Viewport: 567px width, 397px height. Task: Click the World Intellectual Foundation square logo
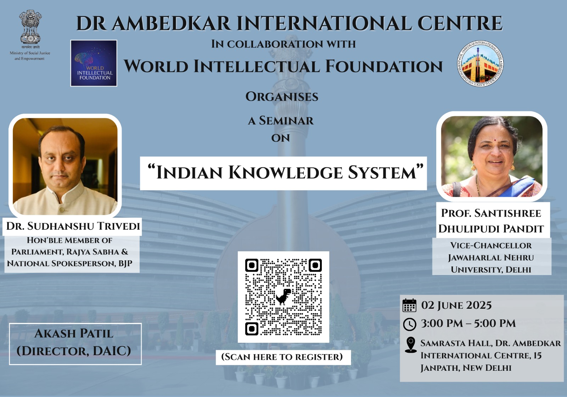coord(94,63)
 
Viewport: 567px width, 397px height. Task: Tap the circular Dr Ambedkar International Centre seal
coord(480,63)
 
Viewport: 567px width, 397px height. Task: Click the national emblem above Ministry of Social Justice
coord(30,27)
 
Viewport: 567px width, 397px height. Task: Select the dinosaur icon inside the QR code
coord(283,296)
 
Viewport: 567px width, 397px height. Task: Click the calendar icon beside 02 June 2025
coord(409,305)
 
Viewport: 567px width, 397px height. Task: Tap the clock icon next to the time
coord(409,324)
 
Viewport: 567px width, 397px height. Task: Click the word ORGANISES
coord(282,97)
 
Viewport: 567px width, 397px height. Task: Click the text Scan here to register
coord(282,357)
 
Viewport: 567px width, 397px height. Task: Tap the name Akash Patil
coord(74,334)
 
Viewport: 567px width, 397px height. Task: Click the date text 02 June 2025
coord(456,305)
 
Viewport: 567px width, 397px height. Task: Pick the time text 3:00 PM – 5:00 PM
coord(468,323)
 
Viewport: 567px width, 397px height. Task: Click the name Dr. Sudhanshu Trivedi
coord(73,226)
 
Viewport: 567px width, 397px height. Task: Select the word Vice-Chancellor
coord(491,245)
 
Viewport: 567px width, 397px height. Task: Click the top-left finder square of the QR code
coord(252,265)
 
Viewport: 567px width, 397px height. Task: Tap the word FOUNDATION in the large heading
coord(384,66)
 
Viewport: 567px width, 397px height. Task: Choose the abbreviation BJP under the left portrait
coord(125,264)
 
